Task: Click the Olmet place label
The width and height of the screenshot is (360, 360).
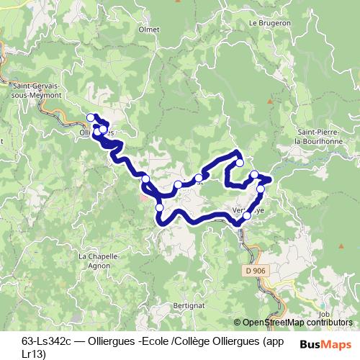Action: pos(149,30)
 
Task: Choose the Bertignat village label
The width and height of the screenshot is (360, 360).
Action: pos(189,305)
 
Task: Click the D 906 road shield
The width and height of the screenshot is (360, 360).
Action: pos(250,270)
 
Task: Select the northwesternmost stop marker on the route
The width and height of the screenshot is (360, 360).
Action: pos(91,117)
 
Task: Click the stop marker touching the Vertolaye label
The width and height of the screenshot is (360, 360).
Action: pos(247,215)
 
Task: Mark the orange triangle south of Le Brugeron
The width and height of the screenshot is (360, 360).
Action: pos(270,101)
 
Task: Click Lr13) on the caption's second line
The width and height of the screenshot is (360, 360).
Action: pos(34,353)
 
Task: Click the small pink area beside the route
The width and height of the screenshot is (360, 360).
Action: pos(145,197)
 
